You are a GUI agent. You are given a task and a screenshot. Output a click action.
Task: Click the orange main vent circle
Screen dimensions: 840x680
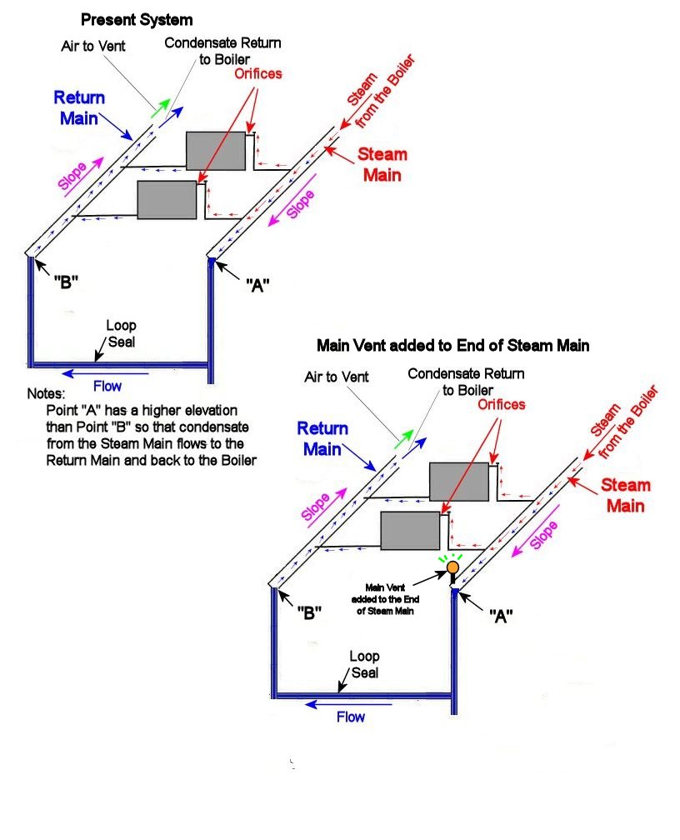[452, 567]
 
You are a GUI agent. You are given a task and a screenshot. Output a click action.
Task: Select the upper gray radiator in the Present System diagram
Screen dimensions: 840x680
[216, 151]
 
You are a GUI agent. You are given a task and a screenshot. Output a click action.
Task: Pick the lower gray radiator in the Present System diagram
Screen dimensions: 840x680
[167, 200]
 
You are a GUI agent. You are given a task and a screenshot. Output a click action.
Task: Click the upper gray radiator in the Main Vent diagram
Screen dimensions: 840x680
[458, 482]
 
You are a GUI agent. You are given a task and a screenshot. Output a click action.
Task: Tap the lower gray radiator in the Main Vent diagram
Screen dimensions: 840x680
[410, 531]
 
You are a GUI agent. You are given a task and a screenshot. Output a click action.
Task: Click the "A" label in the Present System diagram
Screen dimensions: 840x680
[257, 284]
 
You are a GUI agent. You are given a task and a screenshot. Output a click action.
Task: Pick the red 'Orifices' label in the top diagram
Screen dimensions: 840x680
[257, 73]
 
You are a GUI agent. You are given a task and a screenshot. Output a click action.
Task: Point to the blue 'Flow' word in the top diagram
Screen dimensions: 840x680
[107, 386]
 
